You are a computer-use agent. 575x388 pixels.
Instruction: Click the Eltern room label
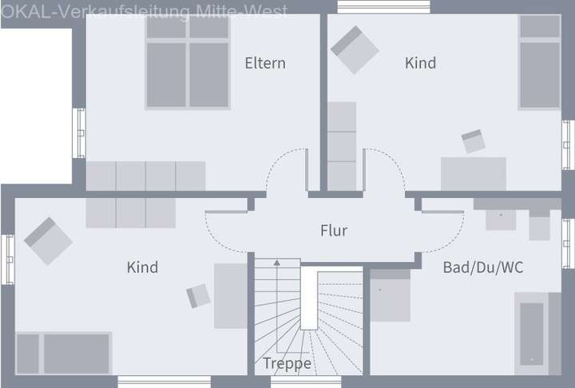click(265, 63)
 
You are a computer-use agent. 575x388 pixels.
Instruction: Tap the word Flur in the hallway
click(334, 231)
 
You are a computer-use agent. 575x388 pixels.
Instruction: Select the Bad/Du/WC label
click(483, 267)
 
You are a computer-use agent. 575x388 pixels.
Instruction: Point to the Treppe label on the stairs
click(287, 363)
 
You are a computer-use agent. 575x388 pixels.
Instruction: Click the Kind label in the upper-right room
click(420, 63)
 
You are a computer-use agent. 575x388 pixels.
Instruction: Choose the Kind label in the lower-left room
click(142, 267)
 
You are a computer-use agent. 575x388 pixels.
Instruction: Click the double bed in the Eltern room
click(188, 62)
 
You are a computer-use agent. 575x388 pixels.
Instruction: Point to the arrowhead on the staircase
click(277, 263)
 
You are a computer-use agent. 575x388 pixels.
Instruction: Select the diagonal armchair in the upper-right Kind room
click(355, 49)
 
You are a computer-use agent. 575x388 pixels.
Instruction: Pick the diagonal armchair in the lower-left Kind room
click(48, 241)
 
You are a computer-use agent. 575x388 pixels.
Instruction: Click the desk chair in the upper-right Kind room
click(473, 141)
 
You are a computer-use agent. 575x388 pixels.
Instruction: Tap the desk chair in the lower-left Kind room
click(198, 295)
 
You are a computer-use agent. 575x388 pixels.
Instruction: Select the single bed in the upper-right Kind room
click(540, 62)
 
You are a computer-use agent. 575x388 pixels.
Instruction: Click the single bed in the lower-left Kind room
click(64, 353)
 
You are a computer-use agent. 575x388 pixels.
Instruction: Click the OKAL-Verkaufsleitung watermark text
click(144, 12)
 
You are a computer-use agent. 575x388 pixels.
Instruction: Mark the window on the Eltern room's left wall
click(79, 133)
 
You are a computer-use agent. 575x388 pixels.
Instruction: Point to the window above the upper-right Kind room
click(383, 6)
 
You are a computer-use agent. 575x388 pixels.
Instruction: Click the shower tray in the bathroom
click(390, 295)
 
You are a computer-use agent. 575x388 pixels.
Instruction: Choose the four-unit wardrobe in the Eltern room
click(146, 176)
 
